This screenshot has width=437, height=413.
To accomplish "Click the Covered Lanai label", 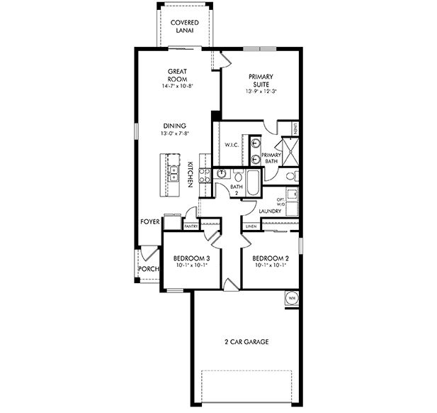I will pyautogui.click(x=185, y=27).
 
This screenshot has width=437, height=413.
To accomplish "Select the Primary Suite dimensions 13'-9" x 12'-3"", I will pyautogui.click(x=261, y=91).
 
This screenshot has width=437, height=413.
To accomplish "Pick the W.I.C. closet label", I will pyautogui.click(x=231, y=145).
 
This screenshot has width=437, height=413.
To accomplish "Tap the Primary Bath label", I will pyautogui.click(x=271, y=158).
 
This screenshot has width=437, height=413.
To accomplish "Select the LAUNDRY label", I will pyautogui.click(x=270, y=211).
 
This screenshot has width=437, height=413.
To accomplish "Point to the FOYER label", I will pyautogui.click(x=149, y=222).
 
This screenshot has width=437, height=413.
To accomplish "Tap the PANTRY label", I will pyautogui.click(x=191, y=226).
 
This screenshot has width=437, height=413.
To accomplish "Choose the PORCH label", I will pyautogui.click(x=147, y=269).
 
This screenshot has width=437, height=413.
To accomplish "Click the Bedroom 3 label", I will pyautogui.click(x=192, y=258).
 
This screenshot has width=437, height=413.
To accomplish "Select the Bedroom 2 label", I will pyautogui.click(x=268, y=258).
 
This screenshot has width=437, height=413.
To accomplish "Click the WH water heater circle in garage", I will pyautogui.click(x=291, y=298).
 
